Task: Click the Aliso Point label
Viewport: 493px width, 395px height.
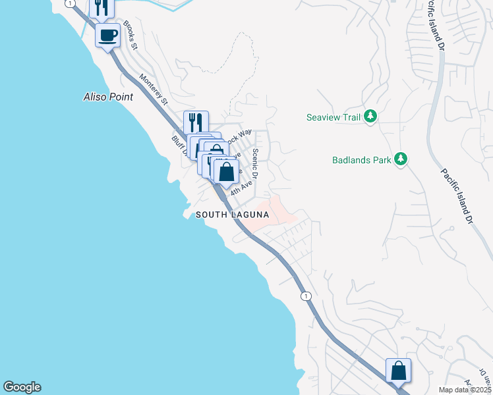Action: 108,97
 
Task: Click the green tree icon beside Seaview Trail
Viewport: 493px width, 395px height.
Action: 371,117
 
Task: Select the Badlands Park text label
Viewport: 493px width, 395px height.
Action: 361,159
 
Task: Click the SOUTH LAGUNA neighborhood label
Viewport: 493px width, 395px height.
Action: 232,215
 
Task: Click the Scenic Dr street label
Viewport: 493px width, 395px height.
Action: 256,163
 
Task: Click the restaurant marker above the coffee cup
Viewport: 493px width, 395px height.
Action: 101,7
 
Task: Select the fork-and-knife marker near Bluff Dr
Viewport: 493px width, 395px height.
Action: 196,122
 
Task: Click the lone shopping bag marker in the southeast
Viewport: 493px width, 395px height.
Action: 398,371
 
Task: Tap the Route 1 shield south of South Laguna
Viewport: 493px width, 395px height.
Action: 306,296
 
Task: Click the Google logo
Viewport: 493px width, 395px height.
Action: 22,387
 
